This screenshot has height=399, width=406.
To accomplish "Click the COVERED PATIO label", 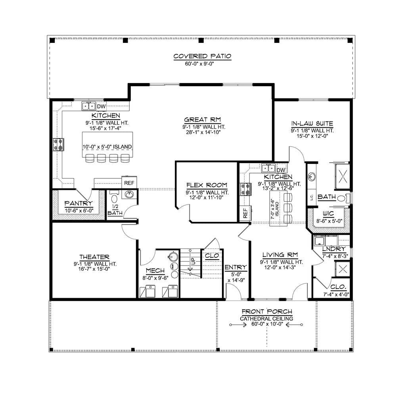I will coord(202,56).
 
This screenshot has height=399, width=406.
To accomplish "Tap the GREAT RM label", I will coord(202,120).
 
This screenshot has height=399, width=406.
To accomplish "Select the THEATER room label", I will coord(94,257).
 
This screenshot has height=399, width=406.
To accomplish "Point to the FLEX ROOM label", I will coord(207,185).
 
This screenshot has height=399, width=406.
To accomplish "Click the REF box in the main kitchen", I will coord(129,183).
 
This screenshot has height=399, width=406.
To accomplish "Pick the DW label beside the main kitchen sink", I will coord(101,106).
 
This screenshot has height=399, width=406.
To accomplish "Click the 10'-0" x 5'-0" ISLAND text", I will coord(107,147).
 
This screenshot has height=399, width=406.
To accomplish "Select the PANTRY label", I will coord(79,204).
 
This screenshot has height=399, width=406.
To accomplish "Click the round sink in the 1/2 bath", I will coord(129,194).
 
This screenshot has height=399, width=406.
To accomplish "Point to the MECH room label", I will coord(155,271).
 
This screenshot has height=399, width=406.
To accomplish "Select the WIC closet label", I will coord(328,214).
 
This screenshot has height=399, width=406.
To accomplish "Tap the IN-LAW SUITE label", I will coord(312,123).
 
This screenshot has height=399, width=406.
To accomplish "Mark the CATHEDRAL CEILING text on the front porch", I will coord(266,318).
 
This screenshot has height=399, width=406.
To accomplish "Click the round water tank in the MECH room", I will coord(172,257).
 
